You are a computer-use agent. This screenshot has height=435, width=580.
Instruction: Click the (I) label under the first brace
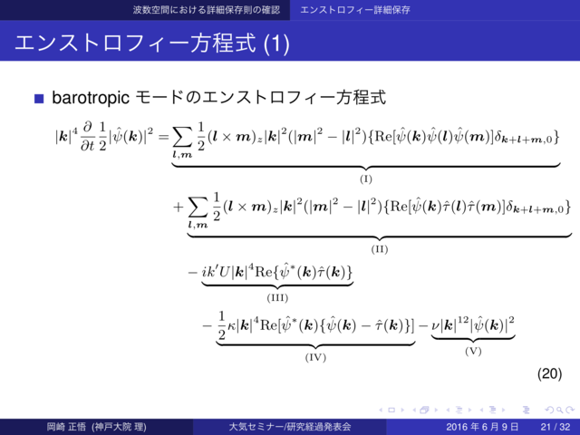366,179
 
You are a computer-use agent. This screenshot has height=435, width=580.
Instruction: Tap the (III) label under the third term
277,296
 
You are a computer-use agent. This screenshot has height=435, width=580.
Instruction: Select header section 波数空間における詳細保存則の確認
203,10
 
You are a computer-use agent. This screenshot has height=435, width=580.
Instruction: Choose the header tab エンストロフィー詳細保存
356,10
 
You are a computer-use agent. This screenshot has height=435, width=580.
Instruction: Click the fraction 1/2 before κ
220,327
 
